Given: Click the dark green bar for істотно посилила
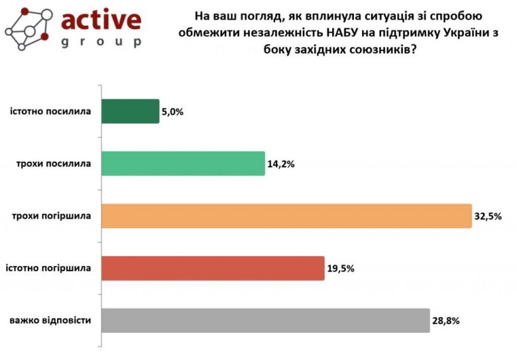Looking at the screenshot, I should (x=130, y=111).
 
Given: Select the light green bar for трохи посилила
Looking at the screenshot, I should (x=184, y=163).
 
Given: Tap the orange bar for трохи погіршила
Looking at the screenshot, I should (x=286, y=215).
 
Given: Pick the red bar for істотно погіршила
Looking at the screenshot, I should (x=213, y=268).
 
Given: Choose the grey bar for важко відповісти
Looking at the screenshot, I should (x=265, y=320).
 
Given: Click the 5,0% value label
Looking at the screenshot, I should (x=172, y=112).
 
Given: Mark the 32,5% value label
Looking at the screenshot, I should (x=488, y=216).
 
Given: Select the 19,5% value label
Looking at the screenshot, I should (x=341, y=269).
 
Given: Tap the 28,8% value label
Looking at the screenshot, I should (x=446, y=321).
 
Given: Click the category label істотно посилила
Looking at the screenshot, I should (x=50, y=111).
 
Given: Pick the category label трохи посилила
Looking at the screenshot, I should (x=54, y=163).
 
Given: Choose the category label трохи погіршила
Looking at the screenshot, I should (x=52, y=215).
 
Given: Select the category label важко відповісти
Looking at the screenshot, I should (x=50, y=320).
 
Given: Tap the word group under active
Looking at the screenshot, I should (x=101, y=42).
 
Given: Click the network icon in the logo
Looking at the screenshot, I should (x=28, y=28).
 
